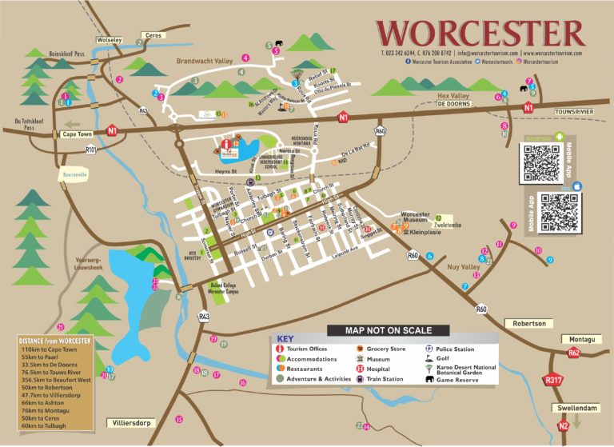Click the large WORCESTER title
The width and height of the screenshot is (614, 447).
480,33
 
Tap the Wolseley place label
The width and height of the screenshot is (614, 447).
110,39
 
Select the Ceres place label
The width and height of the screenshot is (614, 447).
153,35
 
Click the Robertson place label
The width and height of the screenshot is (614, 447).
530,323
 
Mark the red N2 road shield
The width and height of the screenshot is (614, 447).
564,426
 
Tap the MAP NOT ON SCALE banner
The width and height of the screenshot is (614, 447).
388,330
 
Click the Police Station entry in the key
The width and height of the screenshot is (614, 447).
456,349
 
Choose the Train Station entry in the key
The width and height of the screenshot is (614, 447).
387,379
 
